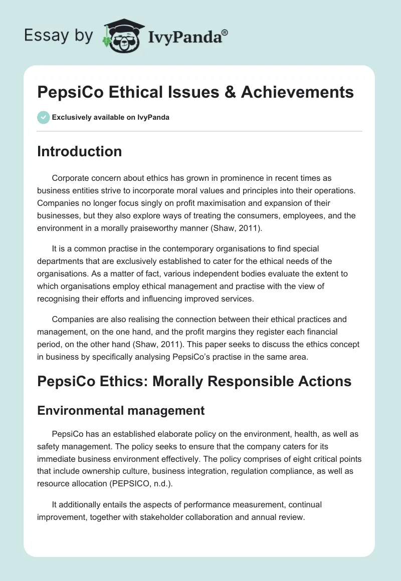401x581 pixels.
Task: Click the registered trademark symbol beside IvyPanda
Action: tap(225, 33)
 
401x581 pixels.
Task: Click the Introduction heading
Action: tap(79, 151)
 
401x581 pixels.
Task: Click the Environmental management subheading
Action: tap(121, 411)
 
